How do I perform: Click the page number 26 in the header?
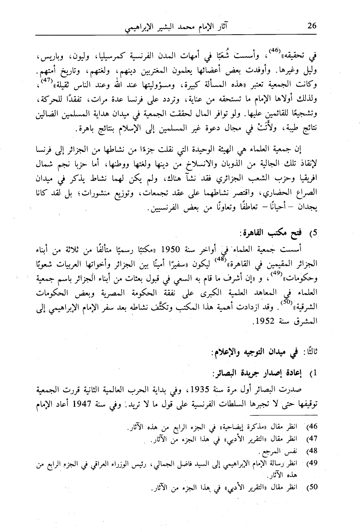312,26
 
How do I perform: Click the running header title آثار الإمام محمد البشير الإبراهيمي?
175,28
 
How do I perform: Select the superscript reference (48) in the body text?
218,260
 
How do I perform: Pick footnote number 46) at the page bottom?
312,425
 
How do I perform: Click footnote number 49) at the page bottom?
312,463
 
